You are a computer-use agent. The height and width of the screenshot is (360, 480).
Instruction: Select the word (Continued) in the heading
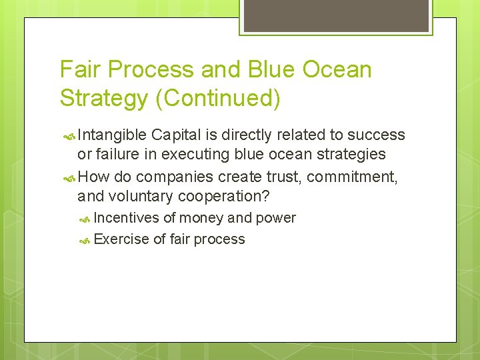[217, 98]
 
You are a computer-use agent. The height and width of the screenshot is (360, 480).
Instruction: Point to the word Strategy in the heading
[103, 98]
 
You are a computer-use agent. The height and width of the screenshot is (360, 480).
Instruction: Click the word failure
[119, 155]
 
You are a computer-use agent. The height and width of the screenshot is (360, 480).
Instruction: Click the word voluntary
[142, 197]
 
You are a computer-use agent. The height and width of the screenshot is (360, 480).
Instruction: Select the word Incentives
[127, 218]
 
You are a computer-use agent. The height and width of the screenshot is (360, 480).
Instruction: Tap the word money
[201, 218]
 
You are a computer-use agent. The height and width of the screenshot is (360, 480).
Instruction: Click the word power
[276, 218]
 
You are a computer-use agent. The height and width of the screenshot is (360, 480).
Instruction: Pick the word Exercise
[123, 239]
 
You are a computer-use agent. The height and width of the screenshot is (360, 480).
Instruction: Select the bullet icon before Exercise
[85, 240]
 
